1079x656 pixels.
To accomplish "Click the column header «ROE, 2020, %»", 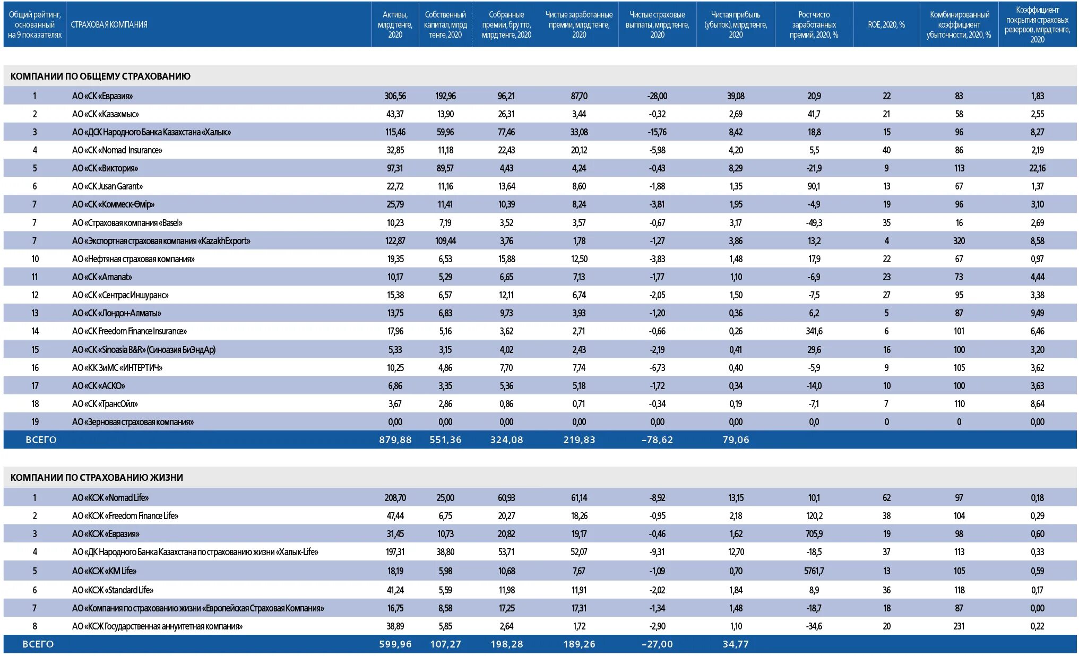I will point(886,25).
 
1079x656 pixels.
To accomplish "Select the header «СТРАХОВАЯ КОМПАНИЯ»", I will point(109,25).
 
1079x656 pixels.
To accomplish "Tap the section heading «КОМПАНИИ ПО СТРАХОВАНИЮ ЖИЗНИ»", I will point(97,478).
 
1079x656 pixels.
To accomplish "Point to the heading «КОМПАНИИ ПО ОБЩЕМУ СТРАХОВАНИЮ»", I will point(100,76).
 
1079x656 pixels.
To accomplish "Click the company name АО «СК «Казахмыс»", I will point(106,114).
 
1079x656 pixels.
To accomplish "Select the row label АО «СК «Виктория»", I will point(105,168).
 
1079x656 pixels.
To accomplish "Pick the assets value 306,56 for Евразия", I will point(395,96).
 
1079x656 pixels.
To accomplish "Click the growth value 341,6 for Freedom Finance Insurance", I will point(814,331).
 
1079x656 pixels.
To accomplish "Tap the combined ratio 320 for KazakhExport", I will point(959,241).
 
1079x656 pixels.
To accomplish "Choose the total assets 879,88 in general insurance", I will point(395,440).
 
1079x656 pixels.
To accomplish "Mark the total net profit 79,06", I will point(736,440).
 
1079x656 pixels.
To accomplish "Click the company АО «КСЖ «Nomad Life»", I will point(110,498).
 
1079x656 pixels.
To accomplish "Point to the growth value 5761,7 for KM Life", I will point(814,571).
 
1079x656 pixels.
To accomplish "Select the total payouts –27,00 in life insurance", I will point(657,644).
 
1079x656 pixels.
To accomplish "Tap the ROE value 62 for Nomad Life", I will point(886,498).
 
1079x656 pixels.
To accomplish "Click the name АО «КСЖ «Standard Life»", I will point(113,590).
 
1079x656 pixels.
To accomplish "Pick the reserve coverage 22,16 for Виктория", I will point(1037,168).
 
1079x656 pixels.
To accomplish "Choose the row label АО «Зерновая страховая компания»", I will point(133,422).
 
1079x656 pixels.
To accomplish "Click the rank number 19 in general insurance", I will point(35,422).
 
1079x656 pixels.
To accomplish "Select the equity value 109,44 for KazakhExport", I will point(445,241).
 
